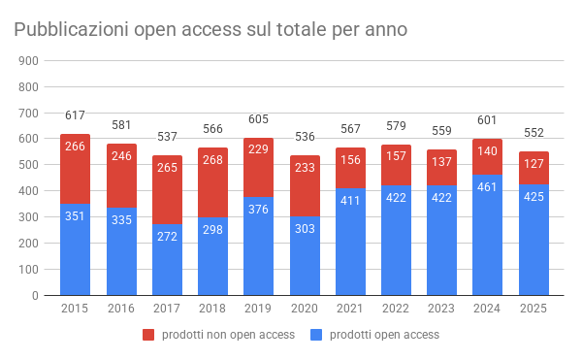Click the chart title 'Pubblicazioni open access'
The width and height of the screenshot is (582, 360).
coord(209,30)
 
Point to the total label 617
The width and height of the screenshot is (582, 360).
coord(76,116)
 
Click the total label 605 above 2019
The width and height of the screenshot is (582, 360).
coord(259,119)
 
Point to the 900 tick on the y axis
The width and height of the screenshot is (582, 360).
coord(28,60)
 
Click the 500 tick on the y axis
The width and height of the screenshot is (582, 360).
coord(28,165)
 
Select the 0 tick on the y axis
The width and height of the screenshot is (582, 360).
coord(34,295)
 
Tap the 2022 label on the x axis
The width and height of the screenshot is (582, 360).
coord(396,309)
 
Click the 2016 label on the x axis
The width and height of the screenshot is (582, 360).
coord(121,309)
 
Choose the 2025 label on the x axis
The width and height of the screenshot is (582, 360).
coord(533,309)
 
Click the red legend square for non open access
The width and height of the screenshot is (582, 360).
coord(148,335)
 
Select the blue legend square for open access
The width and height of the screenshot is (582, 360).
coord(315,335)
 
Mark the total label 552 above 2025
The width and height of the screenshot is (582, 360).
coord(533,133)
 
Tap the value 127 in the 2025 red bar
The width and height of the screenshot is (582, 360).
coord(533,165)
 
